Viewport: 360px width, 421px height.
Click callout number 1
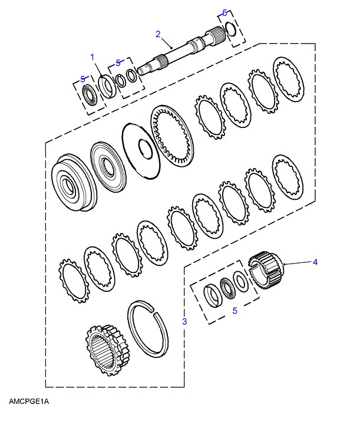tap(93, 57)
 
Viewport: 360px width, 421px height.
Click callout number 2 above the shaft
tap(158, 34)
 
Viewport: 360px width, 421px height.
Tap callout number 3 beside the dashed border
tap(184, 321)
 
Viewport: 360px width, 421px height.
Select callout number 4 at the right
tap(315, 262)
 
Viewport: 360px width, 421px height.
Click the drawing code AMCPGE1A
tap(29, 402)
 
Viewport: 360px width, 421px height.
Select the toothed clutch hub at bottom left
tap(107, 350)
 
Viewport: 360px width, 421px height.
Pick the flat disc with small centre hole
tap(141, 151)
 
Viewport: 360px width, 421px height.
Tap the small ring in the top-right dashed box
tap(230, 29)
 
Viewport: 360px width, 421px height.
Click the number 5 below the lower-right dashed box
tap(235, 311)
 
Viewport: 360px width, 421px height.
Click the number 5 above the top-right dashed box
tap(225, 12)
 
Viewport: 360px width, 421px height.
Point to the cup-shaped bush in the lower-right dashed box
tap(213, 296)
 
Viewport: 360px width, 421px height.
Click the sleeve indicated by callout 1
tap(107, 87)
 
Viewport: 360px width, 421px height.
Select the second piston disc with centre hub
tap(108, 167)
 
